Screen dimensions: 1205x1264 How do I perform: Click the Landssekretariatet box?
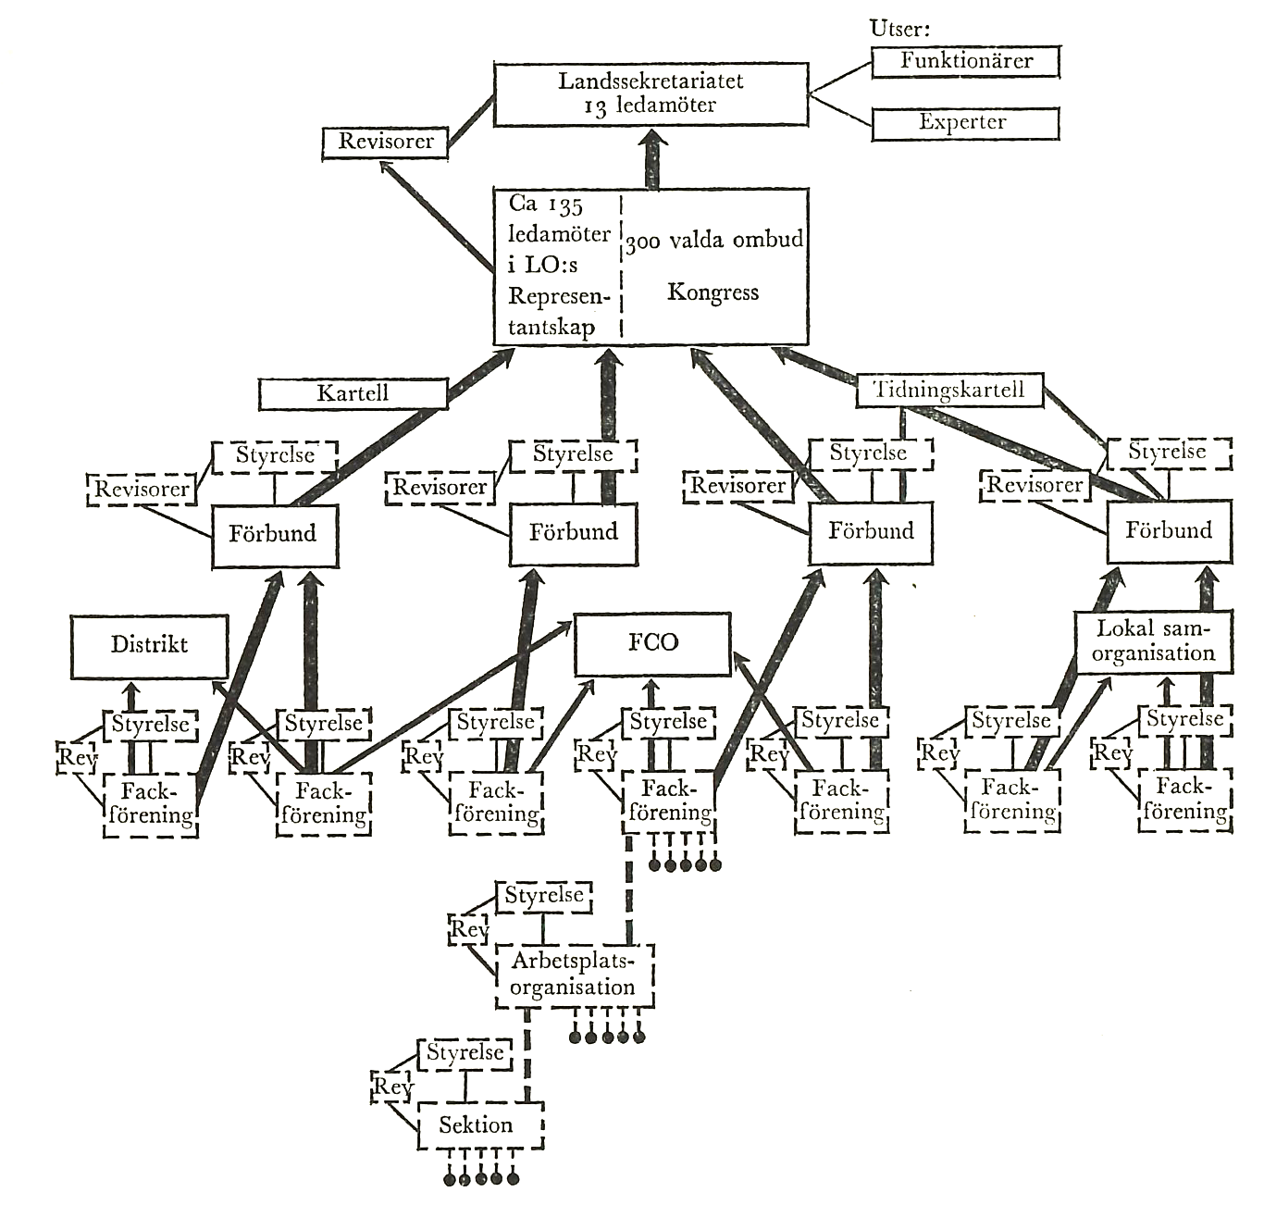(651, 93)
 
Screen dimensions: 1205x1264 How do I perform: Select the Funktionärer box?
(965, 62)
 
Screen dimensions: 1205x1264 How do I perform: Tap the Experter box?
(965, 123)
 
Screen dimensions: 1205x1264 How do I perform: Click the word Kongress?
(713, 293)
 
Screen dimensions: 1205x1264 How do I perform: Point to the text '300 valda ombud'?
(713, 241)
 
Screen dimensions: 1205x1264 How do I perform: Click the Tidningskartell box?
(949, 390)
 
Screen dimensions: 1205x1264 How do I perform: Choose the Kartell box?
(353, 393)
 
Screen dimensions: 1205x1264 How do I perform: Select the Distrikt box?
(149, 645)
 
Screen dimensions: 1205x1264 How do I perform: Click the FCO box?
(652, 643)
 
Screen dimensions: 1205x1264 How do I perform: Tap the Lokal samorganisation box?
(1153, 641)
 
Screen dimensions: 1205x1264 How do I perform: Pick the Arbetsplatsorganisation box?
(574, 975)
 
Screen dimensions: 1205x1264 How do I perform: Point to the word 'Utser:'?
(899, 28)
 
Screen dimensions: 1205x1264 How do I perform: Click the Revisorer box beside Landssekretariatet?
(385, 143)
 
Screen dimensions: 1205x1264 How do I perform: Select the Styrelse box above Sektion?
(465, 1053)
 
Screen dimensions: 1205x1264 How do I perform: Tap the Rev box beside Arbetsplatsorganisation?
(468, 929)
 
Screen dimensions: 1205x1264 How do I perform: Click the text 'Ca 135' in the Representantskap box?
(546, 205)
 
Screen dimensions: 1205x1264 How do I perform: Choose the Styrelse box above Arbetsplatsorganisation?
(544, 897)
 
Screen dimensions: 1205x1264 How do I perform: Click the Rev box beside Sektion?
(392, 1087)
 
